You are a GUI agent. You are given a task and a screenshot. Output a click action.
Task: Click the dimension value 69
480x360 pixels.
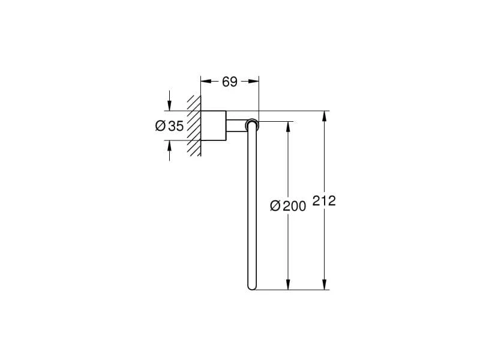230,82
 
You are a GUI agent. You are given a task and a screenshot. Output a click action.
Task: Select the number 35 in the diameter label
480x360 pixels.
176,126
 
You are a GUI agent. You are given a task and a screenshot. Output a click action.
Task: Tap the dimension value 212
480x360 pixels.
324,201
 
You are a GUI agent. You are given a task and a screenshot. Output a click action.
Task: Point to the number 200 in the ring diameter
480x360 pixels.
294,206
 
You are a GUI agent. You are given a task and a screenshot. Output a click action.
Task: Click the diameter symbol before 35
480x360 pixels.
160,125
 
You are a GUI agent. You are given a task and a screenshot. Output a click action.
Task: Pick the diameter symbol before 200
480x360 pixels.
275,206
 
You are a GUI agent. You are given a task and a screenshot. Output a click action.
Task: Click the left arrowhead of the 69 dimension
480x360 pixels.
206,81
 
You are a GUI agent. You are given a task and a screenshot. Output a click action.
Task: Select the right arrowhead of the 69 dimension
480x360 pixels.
253,81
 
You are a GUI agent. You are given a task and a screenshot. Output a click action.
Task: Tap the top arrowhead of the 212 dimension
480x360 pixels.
325,116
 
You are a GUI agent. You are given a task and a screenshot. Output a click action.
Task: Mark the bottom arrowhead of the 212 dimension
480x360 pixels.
325,284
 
